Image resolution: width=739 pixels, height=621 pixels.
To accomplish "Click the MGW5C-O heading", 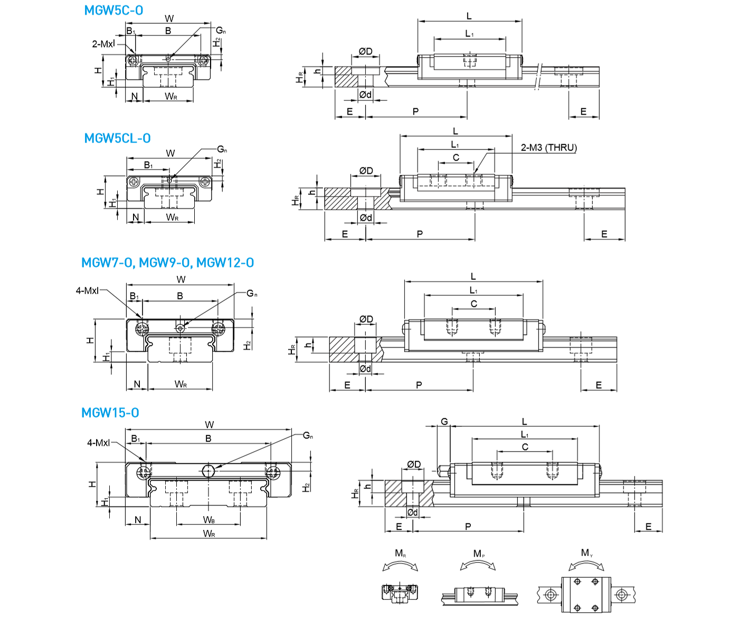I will click(113, 11).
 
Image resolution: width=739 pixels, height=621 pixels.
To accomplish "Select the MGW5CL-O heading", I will click(117, 138).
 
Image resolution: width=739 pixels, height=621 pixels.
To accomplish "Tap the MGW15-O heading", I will click(110, 413).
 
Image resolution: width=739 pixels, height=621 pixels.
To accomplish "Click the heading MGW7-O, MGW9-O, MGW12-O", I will click(167, 262).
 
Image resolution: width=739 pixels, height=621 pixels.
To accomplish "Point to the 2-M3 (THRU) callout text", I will click(548, 148).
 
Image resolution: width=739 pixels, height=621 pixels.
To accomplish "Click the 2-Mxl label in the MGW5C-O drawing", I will click(103, 44).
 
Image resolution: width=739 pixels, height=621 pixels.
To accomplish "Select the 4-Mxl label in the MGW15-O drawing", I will click(98, 443).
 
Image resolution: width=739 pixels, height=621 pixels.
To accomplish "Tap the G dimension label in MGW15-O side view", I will click(444, 421).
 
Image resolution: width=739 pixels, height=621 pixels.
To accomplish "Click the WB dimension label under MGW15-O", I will click(209, 520).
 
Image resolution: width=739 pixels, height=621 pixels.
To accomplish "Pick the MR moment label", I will click(401, 553).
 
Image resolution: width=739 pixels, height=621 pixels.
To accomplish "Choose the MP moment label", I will click(479, 553).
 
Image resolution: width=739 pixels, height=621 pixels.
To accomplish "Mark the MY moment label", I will click(587, 553).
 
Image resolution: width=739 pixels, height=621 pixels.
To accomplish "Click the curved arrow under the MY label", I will click(586, 565).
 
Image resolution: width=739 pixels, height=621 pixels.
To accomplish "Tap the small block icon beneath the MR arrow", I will click(400, 591).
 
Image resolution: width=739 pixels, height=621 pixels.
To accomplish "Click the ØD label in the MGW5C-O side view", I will click(365, 51).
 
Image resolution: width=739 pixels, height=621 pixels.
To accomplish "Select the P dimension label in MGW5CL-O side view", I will click(420, 234).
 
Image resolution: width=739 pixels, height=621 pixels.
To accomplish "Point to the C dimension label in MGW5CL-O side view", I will click(456, 157).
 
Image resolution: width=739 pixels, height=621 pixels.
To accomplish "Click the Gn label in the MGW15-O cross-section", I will click(308, 436).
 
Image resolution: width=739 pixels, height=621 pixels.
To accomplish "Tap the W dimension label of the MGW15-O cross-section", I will click(209, 425).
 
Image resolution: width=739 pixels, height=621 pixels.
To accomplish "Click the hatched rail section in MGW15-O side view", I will click(395, 493).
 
